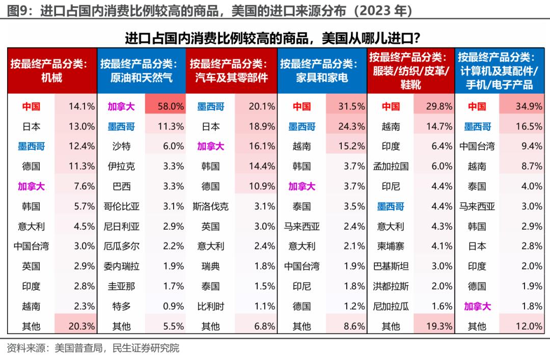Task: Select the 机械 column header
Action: coord(51,71)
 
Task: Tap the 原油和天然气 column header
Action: coord(141,71)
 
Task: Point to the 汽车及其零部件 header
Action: coord(231,71)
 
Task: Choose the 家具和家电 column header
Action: coord(322,71)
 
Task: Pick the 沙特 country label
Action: coord(121,147)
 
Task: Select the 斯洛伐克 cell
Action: coord(210,206)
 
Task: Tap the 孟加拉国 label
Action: coord(391,167)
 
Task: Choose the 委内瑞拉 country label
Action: coord(121,266)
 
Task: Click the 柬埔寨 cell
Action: coord(391,246)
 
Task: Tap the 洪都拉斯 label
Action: coord(391,286)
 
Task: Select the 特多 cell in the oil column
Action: coord(121,307)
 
